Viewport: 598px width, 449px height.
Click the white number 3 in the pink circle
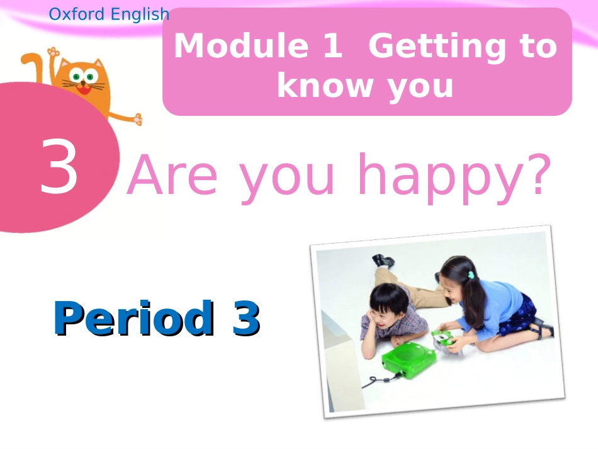point(59,167)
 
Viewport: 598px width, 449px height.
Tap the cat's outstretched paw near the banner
point(136,118)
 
